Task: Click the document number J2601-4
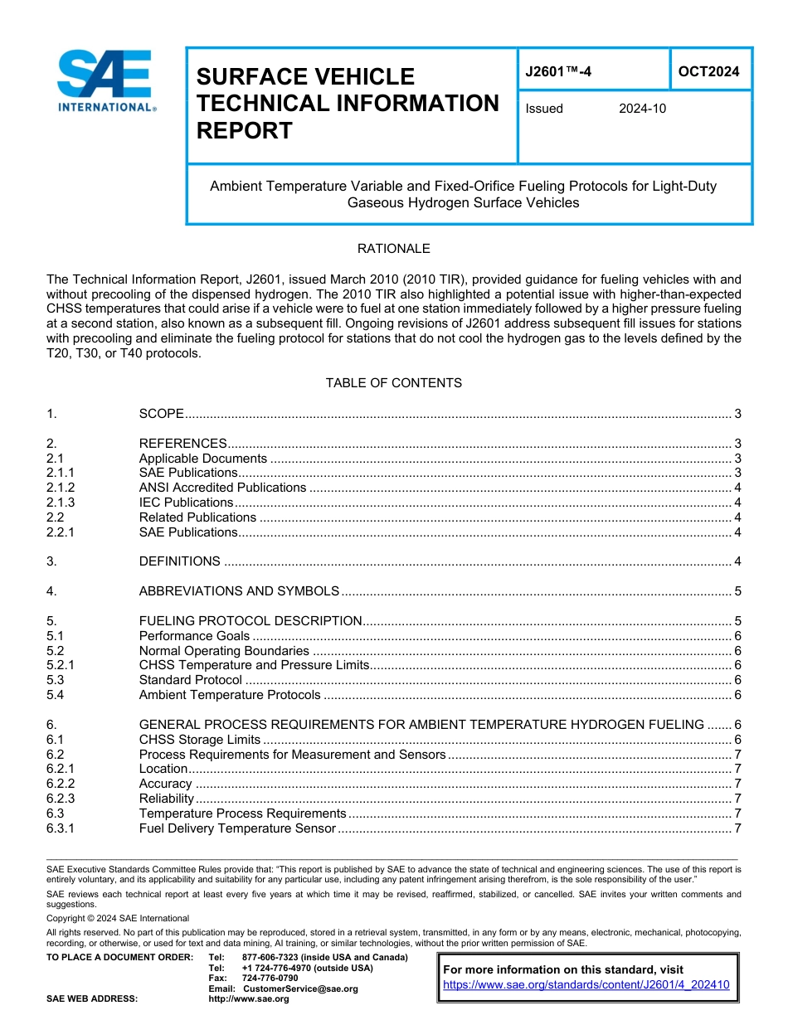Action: tap(558, 72)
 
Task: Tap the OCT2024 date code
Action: tap(708, 72)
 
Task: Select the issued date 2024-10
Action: tap(642, 109)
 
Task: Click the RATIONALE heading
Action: tap(393, 249)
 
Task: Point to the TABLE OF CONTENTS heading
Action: tap(393, 383)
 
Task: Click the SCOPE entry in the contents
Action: tap(161, 414)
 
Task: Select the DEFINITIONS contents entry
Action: tap(179, 561)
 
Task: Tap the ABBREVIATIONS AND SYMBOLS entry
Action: tap(239, 591)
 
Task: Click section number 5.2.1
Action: tap(61, 665)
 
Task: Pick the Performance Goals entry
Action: tap(194, 636)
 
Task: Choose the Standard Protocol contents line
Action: tap(191, 680)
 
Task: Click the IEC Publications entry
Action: tap(186, 503)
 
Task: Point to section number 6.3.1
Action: tap(61, 828)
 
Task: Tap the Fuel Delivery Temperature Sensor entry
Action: tap(237, 828)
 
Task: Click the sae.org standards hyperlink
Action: tap(586, 985)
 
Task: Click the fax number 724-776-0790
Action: tap(270, 979)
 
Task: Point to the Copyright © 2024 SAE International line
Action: tap(118, 918)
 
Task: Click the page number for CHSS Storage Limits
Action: tap(737, 740)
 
